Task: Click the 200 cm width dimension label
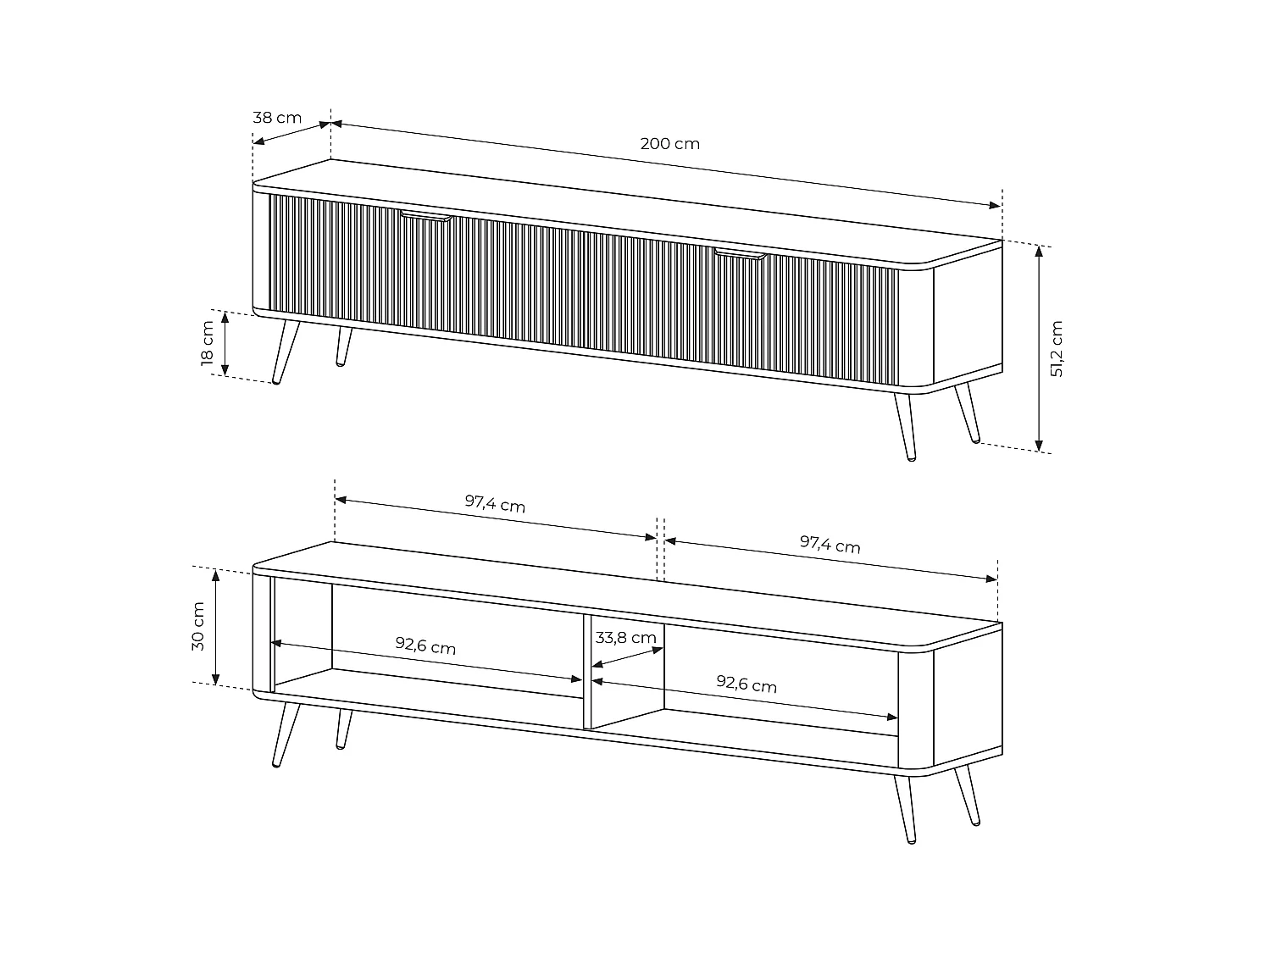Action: click(669, 143)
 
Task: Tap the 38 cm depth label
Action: click(277, 117)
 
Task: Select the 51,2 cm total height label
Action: click(1057, 348)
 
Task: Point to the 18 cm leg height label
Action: click(208, 343)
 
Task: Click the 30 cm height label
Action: click(198, 626)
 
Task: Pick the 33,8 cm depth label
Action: click(625, 637)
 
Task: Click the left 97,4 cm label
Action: click(495, 505)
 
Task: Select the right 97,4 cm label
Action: click(830, 545)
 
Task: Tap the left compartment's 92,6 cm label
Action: click(425, 646)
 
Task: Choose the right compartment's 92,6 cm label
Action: click(746, 684)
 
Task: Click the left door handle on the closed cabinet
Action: click(426, 217)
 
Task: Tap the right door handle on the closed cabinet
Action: click(739, 253)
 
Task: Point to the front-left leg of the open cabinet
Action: click(286, 734)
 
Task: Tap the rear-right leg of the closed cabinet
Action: click(968, 414)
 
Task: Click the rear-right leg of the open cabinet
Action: click(968, 796)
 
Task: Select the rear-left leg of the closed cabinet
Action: click(343, 346)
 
